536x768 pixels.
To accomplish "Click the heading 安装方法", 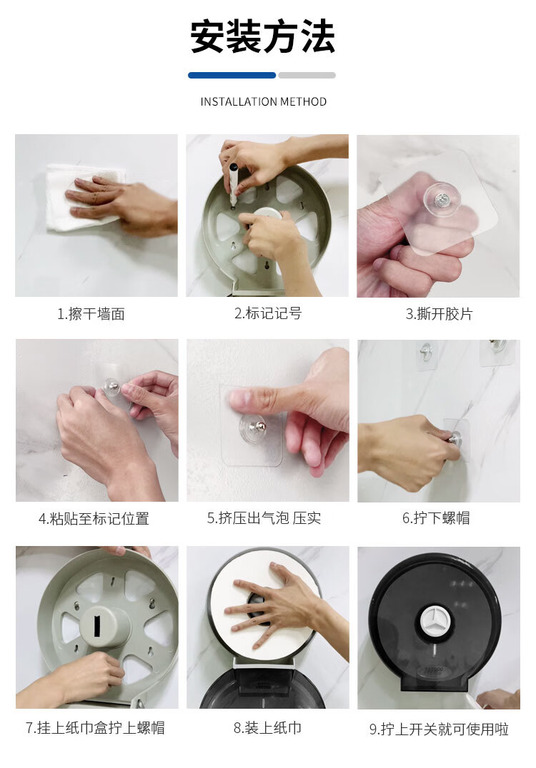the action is coord(263,36).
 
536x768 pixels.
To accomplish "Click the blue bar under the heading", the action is coord(232,76).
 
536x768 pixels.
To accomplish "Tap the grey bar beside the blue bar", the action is coord(307,76).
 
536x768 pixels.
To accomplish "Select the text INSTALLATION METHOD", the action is coord(263,102).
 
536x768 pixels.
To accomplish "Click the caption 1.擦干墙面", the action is coord(91,314).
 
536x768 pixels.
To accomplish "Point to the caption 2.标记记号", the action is coord(268,313).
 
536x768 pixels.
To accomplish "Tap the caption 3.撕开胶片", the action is coord(439,314).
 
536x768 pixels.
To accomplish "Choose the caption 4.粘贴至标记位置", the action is coord(94,519).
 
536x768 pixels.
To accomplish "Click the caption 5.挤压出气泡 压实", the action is coord(264,518).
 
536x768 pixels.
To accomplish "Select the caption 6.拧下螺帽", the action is coord(436,518).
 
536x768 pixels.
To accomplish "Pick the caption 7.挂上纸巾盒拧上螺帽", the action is coord(95,728).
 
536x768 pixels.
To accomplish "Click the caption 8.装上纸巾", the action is coord(267,728).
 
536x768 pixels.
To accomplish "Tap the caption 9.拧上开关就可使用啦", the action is coord(439,729).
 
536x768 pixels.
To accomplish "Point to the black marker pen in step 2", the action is coord(233,183).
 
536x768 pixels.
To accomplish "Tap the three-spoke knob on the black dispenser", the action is coord(436,620).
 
